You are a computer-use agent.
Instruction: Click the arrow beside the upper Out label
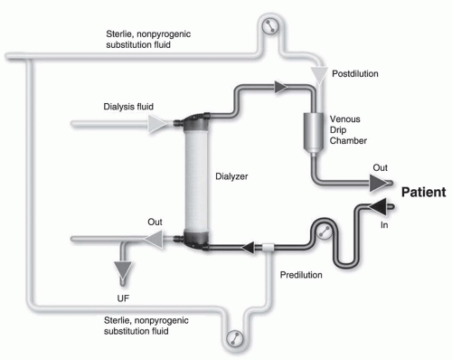[374, 183]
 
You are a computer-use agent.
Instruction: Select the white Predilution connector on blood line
[268, 244]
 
